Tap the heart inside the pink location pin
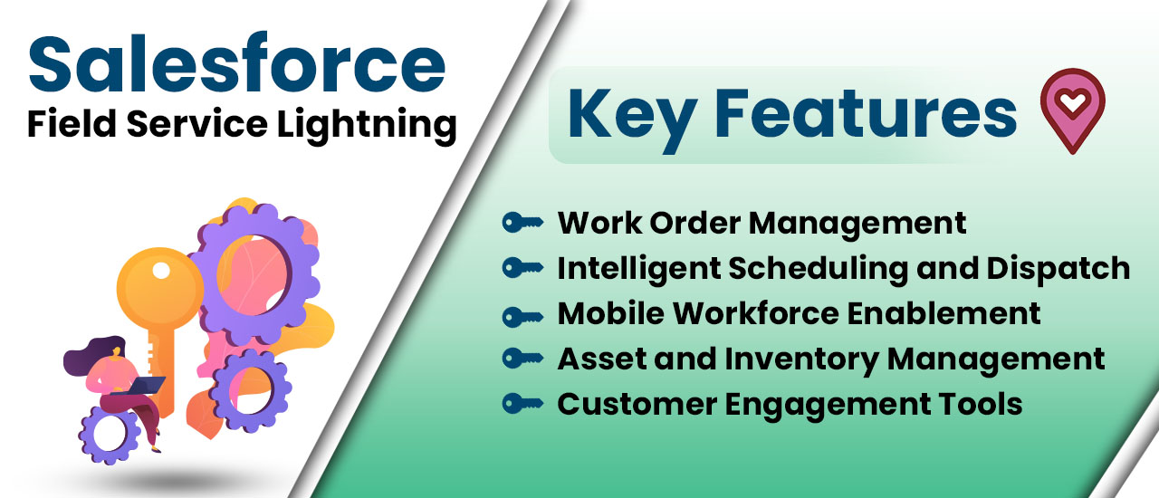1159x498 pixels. coord(1073,104)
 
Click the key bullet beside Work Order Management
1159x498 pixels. coord(522,222)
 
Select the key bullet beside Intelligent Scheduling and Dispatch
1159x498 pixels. coord(522,268)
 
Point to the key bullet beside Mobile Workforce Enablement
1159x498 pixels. coord(522,314)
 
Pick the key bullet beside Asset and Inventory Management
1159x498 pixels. coord(522,359)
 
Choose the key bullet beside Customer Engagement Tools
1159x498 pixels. coord(522,404)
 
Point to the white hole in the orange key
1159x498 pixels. coord(161,270)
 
